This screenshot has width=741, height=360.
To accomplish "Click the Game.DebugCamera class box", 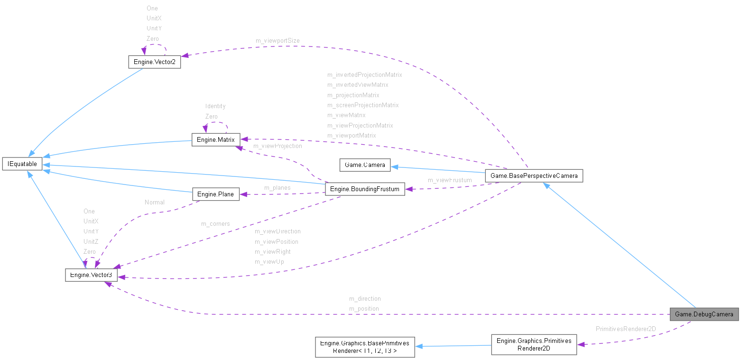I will [704, 314].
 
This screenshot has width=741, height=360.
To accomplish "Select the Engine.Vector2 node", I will [154, 62].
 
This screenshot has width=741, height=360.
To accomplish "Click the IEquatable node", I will [22, 164].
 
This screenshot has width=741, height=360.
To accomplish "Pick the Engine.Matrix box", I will [215, 139].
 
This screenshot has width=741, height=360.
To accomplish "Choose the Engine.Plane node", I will [216, 194].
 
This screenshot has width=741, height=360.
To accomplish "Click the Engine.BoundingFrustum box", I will [364, 189].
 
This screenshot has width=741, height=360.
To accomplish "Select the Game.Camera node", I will [364, 165].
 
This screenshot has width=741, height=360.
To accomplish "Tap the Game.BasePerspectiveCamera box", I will [534, 175].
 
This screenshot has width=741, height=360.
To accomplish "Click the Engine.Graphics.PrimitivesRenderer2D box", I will [534, 345].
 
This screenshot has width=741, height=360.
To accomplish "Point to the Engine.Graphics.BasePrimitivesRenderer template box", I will [365, 347].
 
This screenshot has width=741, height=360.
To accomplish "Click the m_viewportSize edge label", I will [278, 41].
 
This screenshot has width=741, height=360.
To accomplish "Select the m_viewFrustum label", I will [450, 180].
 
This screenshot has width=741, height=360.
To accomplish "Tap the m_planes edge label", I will [277, 188].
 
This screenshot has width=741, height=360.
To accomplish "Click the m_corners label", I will [215, 224].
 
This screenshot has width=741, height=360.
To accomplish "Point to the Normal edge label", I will [155, 202].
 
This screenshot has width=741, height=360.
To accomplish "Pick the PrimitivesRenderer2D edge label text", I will [626, 329].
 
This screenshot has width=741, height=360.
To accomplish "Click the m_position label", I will [364, 309].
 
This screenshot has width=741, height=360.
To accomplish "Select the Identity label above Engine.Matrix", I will [215, 106].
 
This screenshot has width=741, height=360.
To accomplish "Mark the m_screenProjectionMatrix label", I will [363, 105].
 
